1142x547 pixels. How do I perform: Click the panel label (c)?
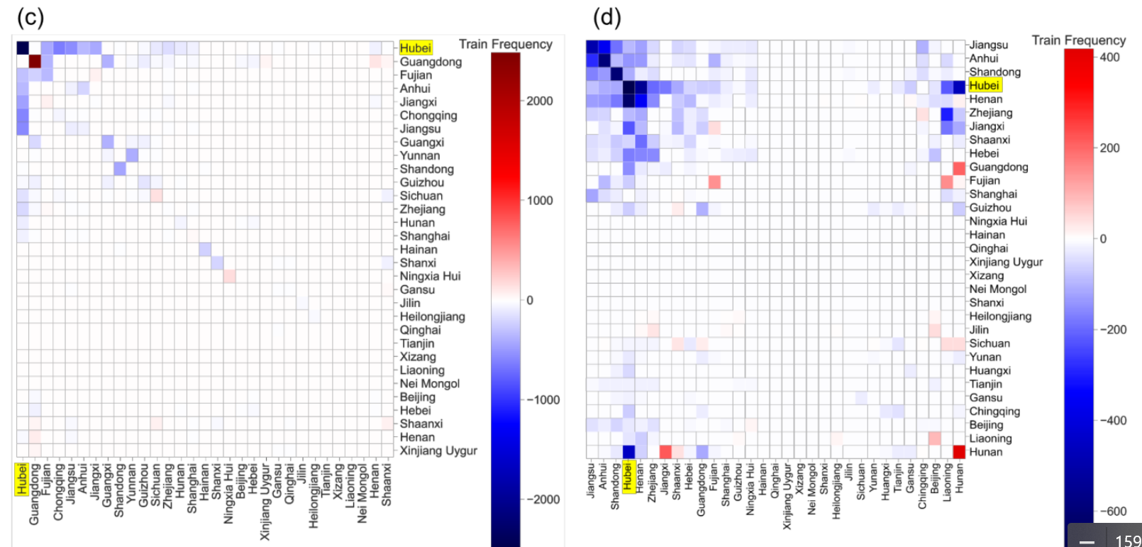coord(30,17)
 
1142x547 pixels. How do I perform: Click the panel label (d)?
coord(606,17)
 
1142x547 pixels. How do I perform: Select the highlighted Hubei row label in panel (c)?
coord(415,48)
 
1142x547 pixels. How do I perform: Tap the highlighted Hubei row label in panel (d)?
coord(984,86)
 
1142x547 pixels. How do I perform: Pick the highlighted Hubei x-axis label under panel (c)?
coord(22,479)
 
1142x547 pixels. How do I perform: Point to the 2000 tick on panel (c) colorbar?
coord(539,101)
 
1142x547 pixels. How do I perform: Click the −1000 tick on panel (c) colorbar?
coord(543,400)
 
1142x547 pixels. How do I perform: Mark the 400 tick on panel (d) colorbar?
coord(1109,57)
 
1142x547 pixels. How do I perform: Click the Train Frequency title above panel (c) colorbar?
coord(505,44)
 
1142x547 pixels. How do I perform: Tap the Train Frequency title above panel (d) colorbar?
coord(1078,40)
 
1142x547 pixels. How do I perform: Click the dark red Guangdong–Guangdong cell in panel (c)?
coord(35,61)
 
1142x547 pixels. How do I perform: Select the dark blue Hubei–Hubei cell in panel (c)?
coord(23,48)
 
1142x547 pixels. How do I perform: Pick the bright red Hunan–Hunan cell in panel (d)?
coord(959,452)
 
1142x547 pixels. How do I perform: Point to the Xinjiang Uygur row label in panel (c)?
coord(438,451)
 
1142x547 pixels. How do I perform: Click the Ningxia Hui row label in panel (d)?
coord(997,221)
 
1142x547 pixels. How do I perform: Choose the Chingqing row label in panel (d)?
coord(994,411)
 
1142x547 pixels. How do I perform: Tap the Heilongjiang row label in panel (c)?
coord(432,316)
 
